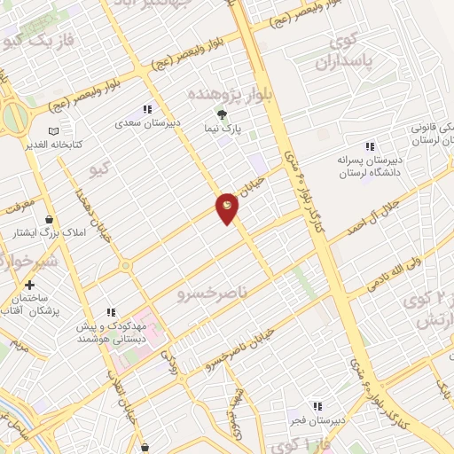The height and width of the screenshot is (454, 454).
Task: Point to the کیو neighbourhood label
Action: [x=101, y=168]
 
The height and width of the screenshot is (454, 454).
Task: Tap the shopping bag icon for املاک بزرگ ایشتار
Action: [x=48, y=219]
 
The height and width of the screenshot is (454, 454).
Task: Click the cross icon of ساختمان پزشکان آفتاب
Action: [x=30, y=285]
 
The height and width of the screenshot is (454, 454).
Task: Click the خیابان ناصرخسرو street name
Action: [x=239, y=350]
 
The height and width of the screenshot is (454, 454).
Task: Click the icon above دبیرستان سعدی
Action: [x=147, y=109]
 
